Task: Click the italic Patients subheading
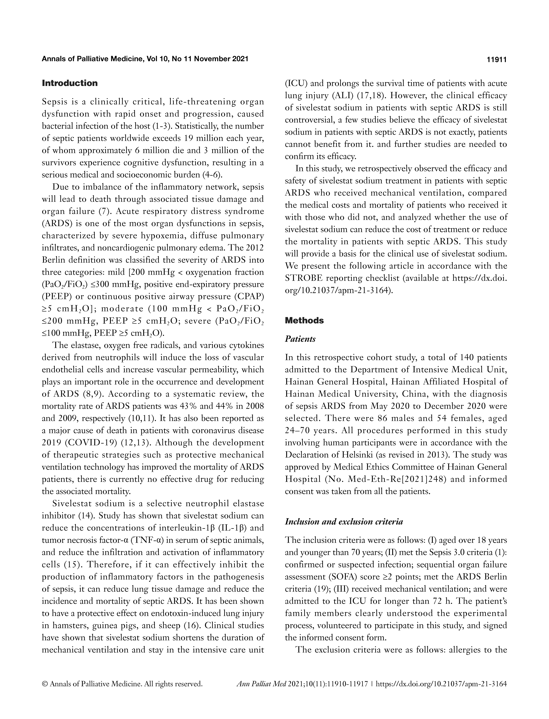(300, 339)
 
